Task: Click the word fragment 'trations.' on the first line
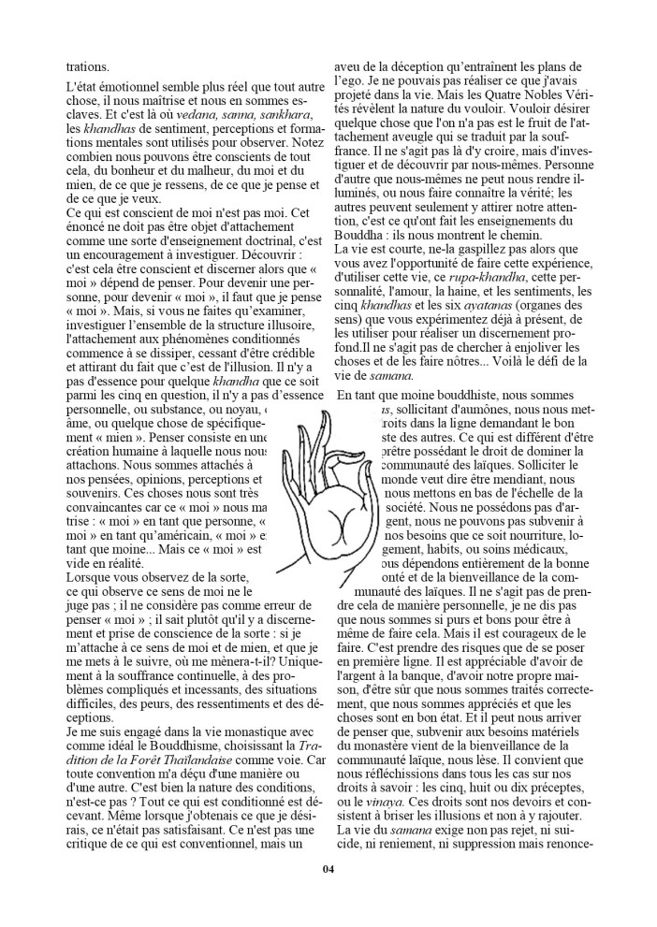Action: tap(90, 66)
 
